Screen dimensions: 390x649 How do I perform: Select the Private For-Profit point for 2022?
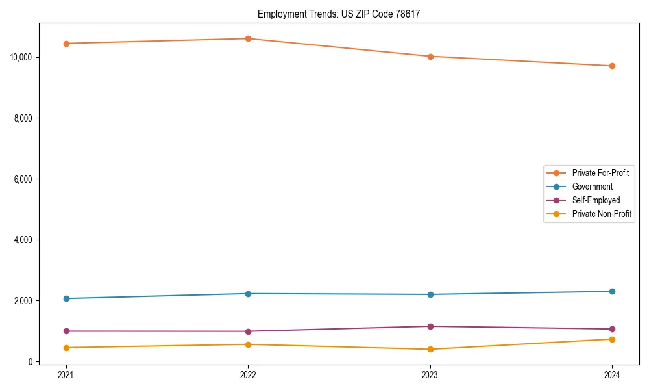coord(248,38)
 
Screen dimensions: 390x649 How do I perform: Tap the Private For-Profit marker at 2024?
coord(612,66)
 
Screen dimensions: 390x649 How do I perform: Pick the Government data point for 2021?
coord(66,298)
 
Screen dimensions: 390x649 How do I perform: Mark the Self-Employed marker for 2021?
coord(66,331)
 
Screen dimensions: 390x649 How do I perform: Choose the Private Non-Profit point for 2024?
coord(612,339)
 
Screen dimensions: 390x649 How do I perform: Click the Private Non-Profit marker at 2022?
coord(248,344)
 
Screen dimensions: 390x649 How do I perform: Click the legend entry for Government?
coord(592,187)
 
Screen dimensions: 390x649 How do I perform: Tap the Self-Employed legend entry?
coord(596,200)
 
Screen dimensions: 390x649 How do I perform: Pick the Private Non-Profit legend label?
coord(602,214)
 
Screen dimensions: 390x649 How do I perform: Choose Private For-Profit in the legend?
coord(600,173)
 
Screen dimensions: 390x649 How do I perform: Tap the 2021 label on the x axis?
coord(66,375)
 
